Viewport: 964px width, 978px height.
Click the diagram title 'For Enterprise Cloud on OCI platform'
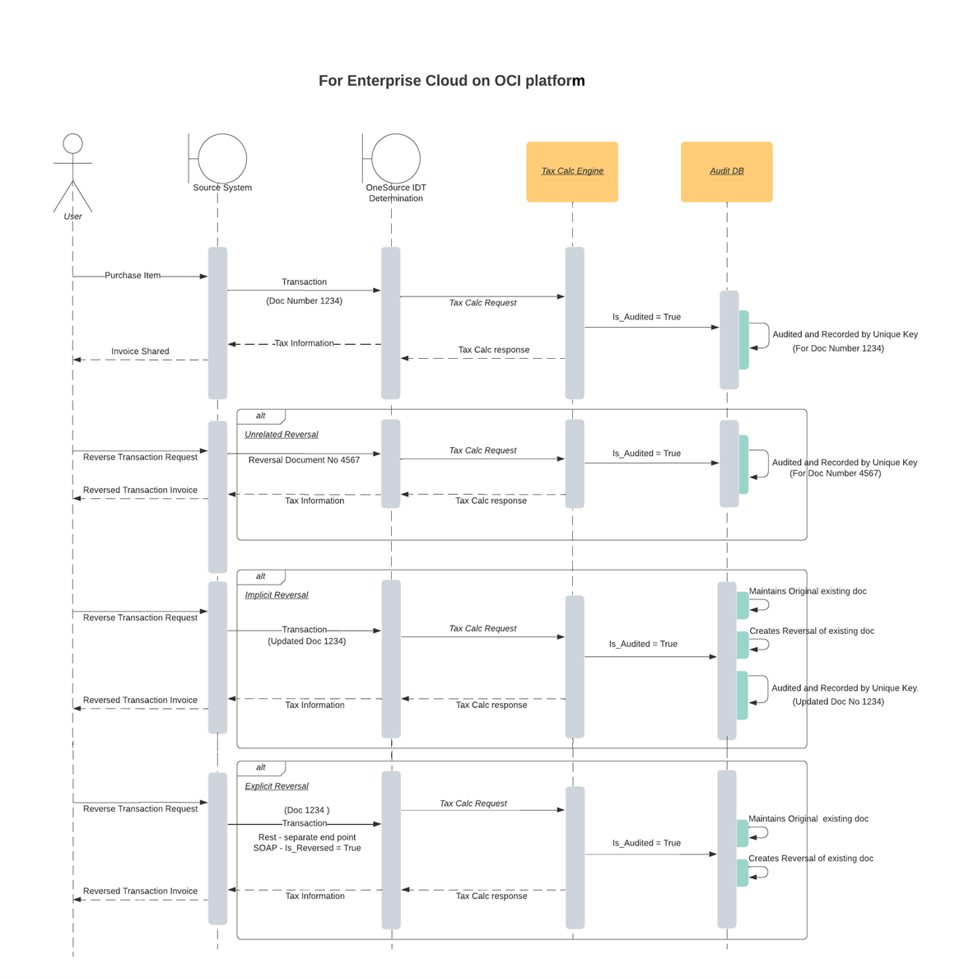[451, 81]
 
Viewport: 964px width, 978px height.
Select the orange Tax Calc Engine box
[572, 171]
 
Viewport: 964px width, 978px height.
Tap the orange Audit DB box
[726, 171]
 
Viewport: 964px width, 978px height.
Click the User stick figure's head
[72, 143]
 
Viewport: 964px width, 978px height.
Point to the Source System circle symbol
[221, 158]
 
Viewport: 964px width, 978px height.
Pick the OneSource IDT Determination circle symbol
[395, 158]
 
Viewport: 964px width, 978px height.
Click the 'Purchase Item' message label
[133, 276]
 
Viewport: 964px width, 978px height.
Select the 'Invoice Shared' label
[140, 352]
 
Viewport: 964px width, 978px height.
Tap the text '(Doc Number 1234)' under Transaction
[304, 301]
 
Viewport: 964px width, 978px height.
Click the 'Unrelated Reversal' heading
[282, 435]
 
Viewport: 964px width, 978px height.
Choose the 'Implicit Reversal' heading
[277, 595]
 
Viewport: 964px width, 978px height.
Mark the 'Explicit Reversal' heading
[277, 786]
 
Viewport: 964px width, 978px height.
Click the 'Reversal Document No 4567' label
[304, 460]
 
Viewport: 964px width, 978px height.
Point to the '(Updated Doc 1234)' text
[306, 641]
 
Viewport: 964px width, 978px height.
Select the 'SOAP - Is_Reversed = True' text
[306, 848]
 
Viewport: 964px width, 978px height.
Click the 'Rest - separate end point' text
[306, 837]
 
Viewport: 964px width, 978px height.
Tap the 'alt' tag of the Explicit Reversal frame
[261, 767]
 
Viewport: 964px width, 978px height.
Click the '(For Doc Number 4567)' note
[835, 473]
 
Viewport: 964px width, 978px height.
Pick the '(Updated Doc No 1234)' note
[838, 702]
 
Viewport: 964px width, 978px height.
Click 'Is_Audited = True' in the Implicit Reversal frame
[643, 645]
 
